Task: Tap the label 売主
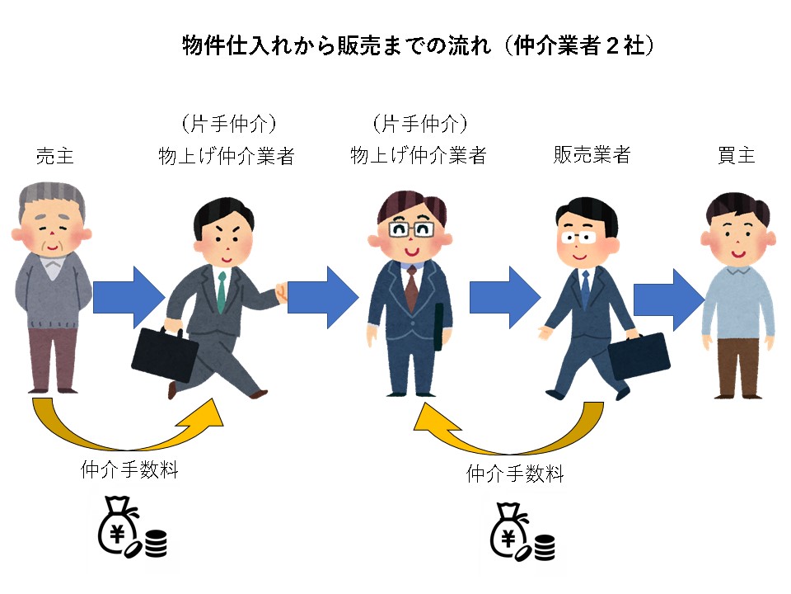point(55,156)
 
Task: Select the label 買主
point(736,156)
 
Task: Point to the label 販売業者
point(592,156)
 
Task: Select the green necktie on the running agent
point(221,285)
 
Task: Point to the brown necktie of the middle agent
point(412,285)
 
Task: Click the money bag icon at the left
point(130,532)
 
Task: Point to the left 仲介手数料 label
point(129,471)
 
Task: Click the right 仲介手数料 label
point(515,474)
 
